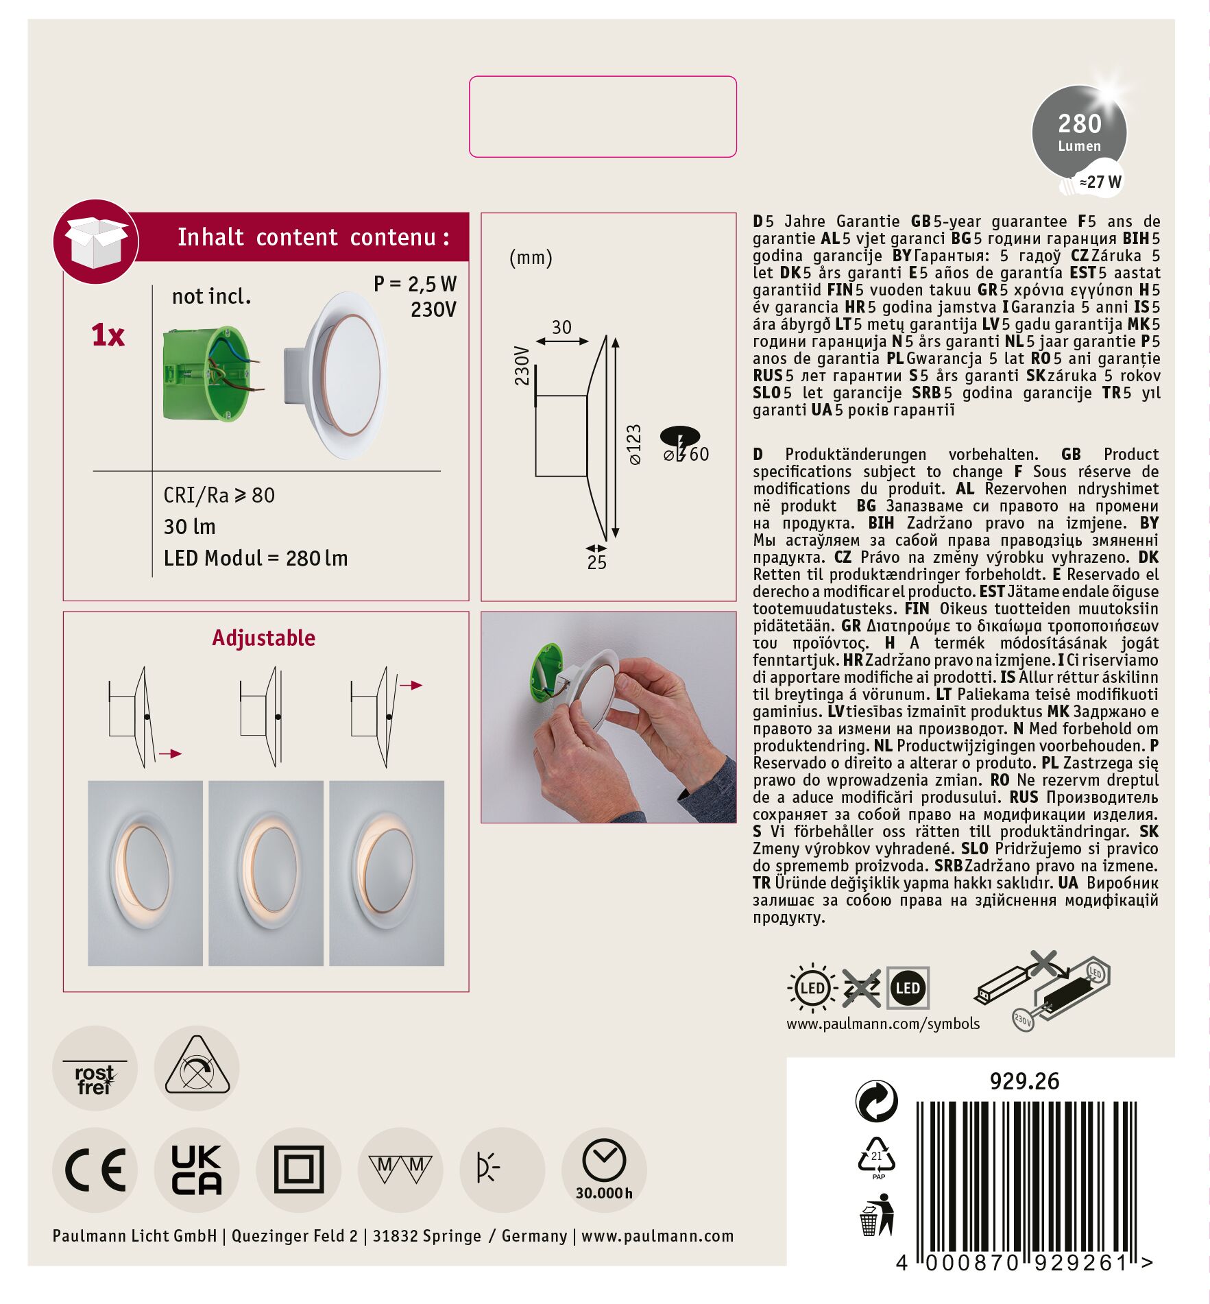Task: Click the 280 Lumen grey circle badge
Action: click(1078, 132)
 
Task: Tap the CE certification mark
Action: click(95, 1170)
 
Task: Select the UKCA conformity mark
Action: click(197, 1170)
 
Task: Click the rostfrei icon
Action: click(95, 1068)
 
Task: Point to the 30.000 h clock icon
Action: click(604, 1170)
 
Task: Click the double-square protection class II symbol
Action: click(299, 1170)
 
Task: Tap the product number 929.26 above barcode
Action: click(1024, 1081)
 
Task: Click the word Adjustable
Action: click(264, 638)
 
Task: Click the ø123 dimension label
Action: click(635, 445)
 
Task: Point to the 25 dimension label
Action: click(596, 563)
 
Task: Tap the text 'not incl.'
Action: click(211, 296)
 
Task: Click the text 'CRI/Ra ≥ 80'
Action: click(219, 495)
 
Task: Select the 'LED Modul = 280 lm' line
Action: click(256, 558)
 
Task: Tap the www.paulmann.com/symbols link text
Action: click(883, 1024)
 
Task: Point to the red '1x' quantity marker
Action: click(108, 335)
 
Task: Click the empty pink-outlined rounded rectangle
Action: click(603, 117)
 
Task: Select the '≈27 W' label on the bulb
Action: click(1100, 182)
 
